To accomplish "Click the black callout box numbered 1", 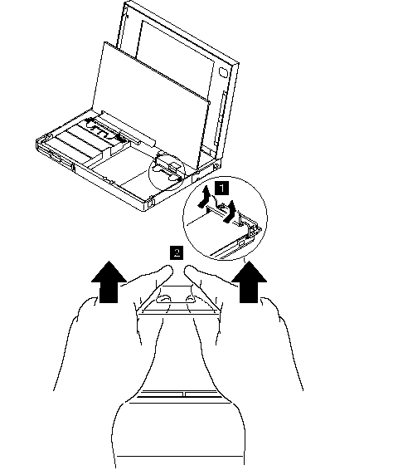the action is [221, 189].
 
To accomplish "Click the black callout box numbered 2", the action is [177, 252].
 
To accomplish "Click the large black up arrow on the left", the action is [109, 282].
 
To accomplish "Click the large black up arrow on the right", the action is [250, 282].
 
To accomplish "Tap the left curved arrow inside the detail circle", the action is [205, 197].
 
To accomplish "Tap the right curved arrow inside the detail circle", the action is [230, 212].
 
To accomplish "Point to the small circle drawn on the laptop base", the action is [167, 172].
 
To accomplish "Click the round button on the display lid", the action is [224, 73].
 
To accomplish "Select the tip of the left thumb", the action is [168, 268].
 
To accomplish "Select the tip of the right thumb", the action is [189, 268].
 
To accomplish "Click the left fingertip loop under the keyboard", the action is [163, 299].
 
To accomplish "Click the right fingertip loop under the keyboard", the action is [191, 299].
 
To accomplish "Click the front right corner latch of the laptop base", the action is [151, 203].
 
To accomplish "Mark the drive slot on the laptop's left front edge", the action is [56, 157].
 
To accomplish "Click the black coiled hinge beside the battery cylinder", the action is [121, 138].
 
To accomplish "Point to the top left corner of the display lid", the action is [125, 2].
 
